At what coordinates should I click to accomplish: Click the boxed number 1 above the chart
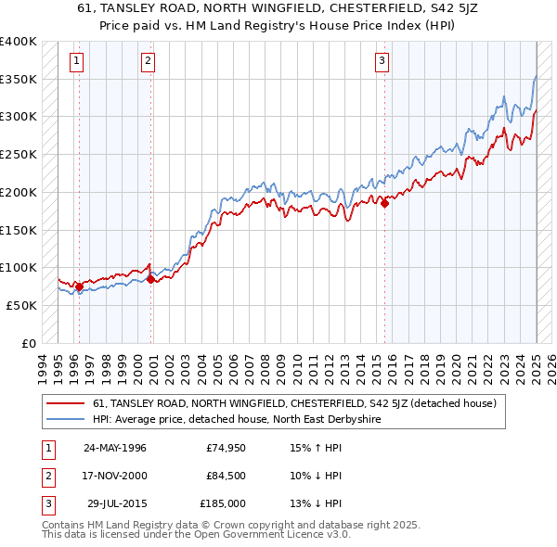pyautogui.click(x=76, y=62)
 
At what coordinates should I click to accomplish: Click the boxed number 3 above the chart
pyautogui.click(x=382, y=62)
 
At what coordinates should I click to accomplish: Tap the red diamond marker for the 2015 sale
pyautogui.click(x=384, y=204)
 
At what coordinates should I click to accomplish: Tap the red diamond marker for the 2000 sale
pyautogui.click(x=150, y=278)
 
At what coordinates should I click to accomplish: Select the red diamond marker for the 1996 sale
pyautogui.click(x=79, y=286)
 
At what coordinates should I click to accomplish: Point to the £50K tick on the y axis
pyautogui.click(x=22, y=305)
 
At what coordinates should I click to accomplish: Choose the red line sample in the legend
pyautogui.click(x=67, y=403)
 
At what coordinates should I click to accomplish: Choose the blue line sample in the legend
pyautogui.click(x=67, y=419)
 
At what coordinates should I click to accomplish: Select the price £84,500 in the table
pyautogui.click(x=226, y=476)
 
